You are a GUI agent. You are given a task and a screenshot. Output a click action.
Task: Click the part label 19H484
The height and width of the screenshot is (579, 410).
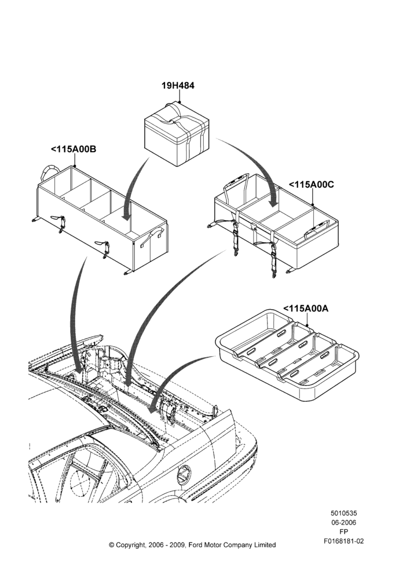pyautogui.click(x=178, y=86)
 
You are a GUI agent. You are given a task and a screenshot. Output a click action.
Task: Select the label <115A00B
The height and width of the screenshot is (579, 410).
pyautogui.click(x=74, y=149)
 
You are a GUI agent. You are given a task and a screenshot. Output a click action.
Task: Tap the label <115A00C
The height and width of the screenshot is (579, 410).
pyautogui.click(x=311, y=184)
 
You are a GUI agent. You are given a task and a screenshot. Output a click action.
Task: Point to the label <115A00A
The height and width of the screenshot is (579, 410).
pyautogui.click(x=305, y=309)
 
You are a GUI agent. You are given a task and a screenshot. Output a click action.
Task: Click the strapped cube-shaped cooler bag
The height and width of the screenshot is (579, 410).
pyautogui.click(x=177, y=134)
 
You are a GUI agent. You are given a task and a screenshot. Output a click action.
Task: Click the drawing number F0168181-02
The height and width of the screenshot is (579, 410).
pyautogui.click(x=343, y=541)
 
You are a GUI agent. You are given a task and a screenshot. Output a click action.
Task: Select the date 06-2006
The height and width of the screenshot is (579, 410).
pyautogui.click(x=343, y=522)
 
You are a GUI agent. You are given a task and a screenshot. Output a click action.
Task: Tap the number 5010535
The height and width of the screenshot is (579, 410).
pyautogui.click(x=343, y=513)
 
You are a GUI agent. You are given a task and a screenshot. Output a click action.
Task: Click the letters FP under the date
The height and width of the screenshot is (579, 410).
pyautogui.click(x=343, y=532)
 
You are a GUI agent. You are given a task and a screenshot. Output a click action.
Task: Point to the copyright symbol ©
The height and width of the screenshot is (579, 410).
pyautogui.click(x=112, y=545)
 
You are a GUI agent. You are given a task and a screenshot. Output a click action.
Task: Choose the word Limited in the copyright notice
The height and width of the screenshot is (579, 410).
pyautogui.click(x=265, y=545)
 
